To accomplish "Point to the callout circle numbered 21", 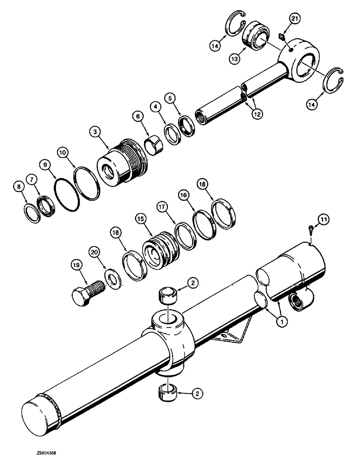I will pyautogui.click(x=294, y=19).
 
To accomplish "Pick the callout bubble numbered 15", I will pyautogui.click(x=140, y=218).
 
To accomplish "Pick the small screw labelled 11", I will pyautogui.click(x=312, y=229).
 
